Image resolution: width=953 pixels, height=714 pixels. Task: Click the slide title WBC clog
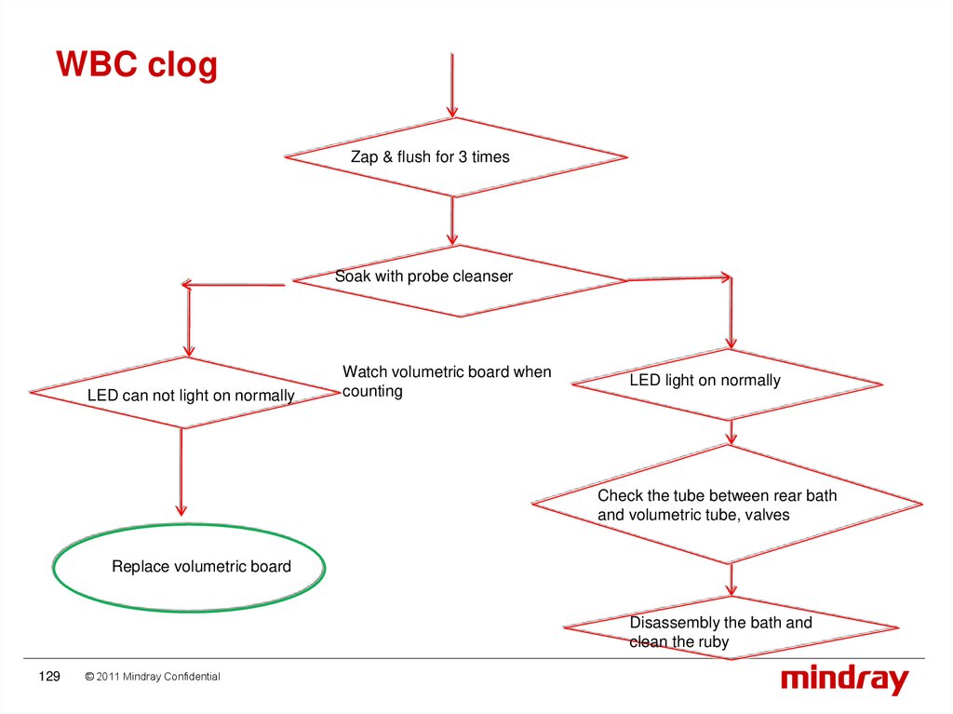point(137,65)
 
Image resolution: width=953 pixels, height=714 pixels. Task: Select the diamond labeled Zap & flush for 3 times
point(456,156)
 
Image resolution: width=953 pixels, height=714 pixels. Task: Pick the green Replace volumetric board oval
point(190,567)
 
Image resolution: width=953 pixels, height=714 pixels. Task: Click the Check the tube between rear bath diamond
point(727,505)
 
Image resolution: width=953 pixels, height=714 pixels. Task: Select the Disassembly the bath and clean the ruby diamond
point(731,629)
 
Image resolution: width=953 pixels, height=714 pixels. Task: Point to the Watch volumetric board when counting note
point(447,382)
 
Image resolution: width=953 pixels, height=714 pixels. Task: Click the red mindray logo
point(843,679)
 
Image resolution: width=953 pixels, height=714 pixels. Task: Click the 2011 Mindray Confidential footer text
point(153,677)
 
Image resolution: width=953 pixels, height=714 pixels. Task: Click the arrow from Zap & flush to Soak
point(452,221)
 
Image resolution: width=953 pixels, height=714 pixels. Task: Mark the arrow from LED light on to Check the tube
point(732,430)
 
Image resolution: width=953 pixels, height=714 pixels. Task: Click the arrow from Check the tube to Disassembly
point(732,581)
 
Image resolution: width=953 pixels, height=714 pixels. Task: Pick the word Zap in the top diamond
point(364,157)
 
